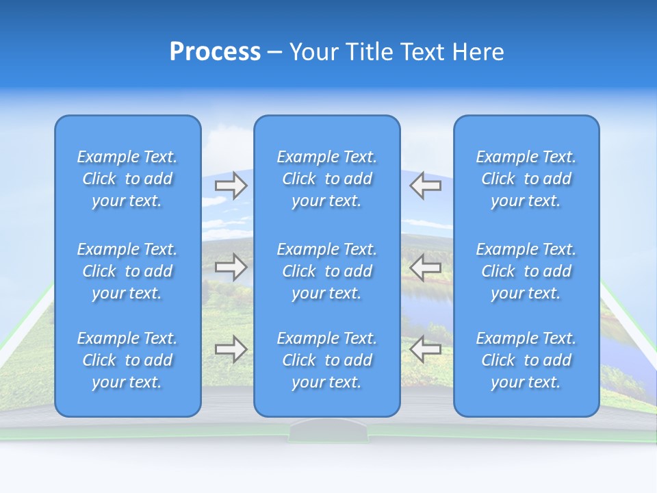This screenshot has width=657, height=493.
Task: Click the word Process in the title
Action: (215, 52)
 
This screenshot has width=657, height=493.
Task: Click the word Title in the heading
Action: (369, 52)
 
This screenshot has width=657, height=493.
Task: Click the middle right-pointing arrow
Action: (231, 267)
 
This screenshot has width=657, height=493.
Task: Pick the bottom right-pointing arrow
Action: (231, 349)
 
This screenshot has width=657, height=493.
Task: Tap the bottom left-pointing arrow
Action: (426, 349)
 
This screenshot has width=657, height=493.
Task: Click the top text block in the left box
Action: (127, 179)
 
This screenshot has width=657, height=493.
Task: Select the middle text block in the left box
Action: (127, 271)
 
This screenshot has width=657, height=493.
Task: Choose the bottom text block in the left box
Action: (127, 360)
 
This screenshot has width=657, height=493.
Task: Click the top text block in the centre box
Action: (327, 179)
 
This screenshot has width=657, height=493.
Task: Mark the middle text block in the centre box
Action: (327, 271)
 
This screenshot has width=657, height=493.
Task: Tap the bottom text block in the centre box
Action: (327, 360)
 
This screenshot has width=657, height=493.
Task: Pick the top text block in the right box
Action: (526, 179)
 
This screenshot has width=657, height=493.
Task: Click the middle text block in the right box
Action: (526, 271)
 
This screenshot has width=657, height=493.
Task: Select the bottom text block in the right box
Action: (526, 360)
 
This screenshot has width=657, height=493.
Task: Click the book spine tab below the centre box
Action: (328, 431)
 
